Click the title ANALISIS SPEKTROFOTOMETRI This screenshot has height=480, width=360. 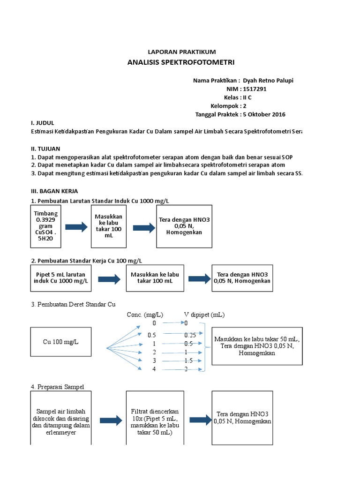click(181, 62)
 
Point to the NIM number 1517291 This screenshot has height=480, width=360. click(255, 89)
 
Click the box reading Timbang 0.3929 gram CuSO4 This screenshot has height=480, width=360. click(43, 226)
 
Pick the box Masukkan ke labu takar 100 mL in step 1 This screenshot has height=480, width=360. click(108, 226)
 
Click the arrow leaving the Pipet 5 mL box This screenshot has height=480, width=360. click(109, 279)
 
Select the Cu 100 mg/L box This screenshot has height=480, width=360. click(61, 341)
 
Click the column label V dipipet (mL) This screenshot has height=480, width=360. click(204, 315)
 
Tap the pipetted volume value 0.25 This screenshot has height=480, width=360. click(190, 335)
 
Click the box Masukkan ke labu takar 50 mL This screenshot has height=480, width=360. click(256, 346)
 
